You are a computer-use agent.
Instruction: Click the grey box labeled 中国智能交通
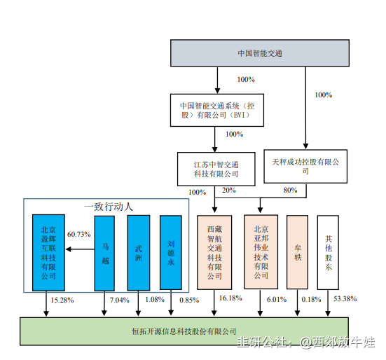(x=260, y=53)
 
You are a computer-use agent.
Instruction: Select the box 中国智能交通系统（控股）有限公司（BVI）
(x=217, y=110)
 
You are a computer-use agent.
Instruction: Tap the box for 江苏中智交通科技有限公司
(x=216, y=169)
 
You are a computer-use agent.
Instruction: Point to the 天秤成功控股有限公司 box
(x=305, y=167)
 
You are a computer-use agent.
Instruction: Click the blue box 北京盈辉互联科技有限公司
(x=48, y=253)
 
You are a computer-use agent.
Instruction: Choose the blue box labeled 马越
(x=104, y=254)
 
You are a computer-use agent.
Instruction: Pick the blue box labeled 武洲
(x=139, y=253)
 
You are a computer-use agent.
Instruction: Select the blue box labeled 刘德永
(x=171, y=253)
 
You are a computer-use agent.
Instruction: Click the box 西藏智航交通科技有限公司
(x=214, y=252)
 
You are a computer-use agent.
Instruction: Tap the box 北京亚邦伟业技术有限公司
(x=261, y=252)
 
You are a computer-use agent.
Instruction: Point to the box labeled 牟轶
(x=297, y=252)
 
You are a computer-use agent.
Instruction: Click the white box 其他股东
(x=328, y=252)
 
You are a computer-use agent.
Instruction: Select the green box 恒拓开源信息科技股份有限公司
(x=184, y=331)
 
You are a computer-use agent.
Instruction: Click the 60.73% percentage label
(x=78, y=234)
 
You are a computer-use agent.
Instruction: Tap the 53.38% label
(x=345, y=299)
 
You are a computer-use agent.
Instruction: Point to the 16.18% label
(x=230, y=298)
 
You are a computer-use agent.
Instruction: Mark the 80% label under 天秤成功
(x=290, y=191)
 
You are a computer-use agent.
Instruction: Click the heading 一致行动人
(x=109, y=207)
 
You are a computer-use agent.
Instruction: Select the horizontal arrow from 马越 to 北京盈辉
(x=81, y=249)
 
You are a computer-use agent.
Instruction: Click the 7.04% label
(x=119, y=300)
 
